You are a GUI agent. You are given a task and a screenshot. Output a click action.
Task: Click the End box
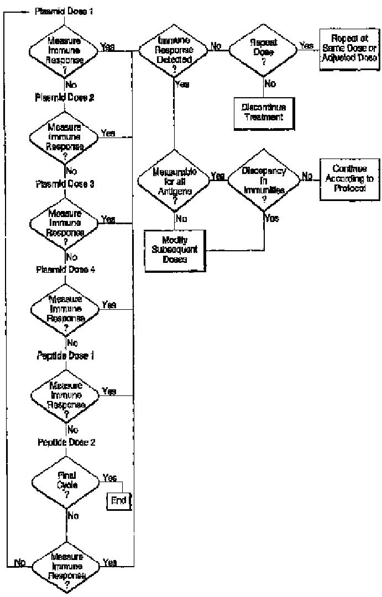119,501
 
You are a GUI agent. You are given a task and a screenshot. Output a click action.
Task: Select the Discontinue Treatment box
262,112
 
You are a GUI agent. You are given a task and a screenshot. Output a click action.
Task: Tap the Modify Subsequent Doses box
174,250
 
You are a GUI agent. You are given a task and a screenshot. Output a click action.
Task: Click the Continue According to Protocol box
348,179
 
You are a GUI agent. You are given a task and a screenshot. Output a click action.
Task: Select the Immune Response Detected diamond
174,49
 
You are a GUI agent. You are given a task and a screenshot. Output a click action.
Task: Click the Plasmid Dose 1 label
64,11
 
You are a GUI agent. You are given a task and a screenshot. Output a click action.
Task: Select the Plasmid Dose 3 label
65,184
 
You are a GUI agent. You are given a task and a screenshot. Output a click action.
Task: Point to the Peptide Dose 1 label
65,356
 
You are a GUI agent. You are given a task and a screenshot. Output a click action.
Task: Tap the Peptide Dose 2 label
65,442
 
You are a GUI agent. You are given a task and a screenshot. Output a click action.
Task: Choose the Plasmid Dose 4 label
65,270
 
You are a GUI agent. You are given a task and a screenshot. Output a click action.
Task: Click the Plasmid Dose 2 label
65,98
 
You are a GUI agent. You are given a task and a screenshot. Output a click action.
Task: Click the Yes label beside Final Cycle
109,478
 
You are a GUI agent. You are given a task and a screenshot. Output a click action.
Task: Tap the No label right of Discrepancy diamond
306,175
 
